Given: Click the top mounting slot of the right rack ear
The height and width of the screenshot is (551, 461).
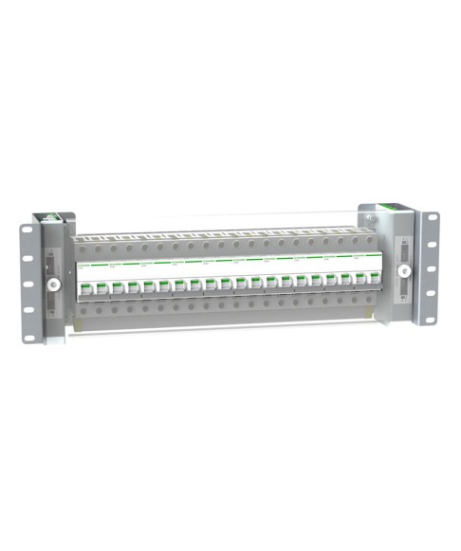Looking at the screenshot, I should pos(433,219).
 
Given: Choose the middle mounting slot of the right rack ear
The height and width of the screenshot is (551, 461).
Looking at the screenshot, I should pos(433,268).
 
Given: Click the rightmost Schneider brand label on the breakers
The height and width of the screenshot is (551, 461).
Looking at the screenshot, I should pos(363,259).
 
